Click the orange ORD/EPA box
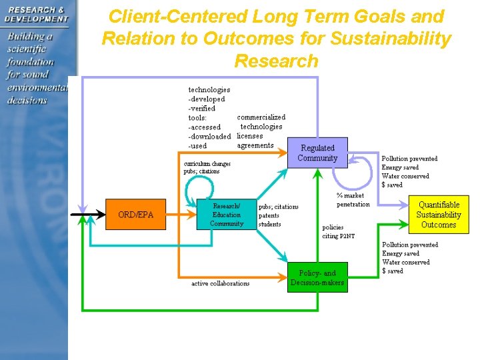coord(135,215)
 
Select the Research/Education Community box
coord(227,215)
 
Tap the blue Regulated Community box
coord(317,153)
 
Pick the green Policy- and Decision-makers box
coord(317,277)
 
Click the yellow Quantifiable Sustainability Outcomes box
coord(439,215)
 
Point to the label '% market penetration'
coord(353,200)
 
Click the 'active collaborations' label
coord(220,283)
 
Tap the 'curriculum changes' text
coord(207,163)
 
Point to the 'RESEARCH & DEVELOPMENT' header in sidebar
coord(36,14)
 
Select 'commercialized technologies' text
coord(261,122)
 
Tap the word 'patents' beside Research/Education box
coord(269,215)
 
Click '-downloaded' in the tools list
coord(209,136)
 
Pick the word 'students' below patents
coord(270,224)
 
